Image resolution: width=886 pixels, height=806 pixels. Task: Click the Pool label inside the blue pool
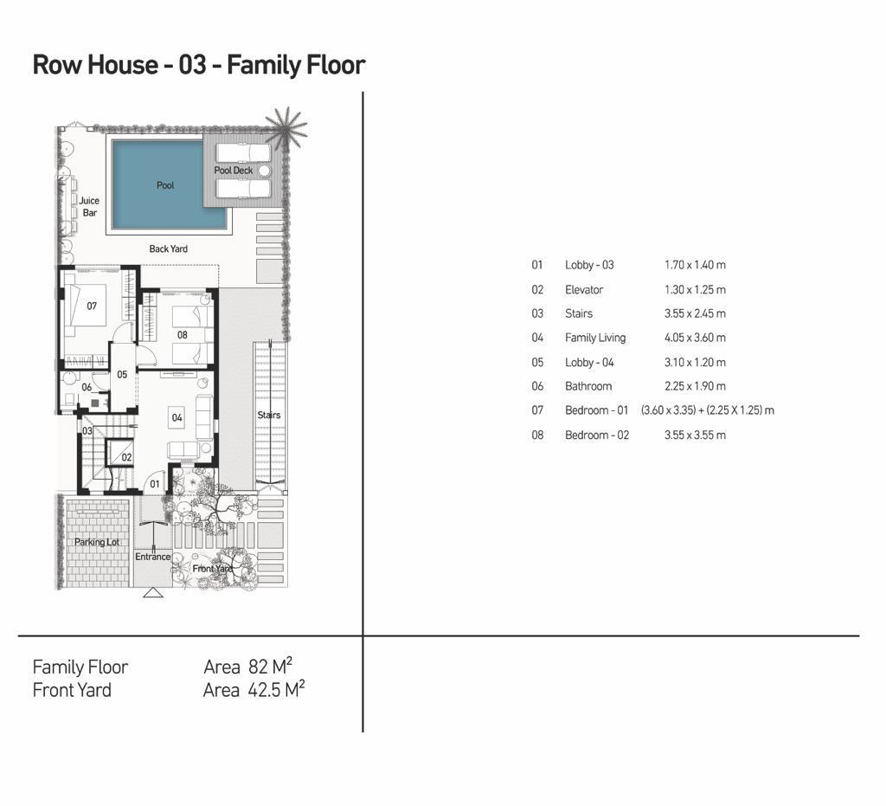tap(165, 185)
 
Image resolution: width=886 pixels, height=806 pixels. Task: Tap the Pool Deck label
tap(234, 171)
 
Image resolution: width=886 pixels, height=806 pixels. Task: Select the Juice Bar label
tap(89, 207)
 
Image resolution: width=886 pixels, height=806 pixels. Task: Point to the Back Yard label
tap(168, 249)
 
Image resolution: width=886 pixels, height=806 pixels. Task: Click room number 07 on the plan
tap(92, 306)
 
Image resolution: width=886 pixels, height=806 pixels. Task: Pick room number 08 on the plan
tap(182, 335)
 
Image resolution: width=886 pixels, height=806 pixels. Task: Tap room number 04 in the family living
tap(177, 417)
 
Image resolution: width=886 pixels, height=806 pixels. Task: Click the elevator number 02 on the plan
tap(126, 457)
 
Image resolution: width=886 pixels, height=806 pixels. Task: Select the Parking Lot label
tap(96, 542)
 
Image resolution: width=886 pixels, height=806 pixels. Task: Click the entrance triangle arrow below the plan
tap(152, 593)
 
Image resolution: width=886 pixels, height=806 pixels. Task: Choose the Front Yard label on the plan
tap(212, 569)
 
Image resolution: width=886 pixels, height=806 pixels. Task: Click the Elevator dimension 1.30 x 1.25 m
tap(695, 290)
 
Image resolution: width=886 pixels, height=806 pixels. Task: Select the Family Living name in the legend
tap(594, 339)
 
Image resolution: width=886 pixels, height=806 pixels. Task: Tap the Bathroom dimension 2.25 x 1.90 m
tap(695, 387)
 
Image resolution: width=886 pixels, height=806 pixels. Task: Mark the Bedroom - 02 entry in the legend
tap(596, 435)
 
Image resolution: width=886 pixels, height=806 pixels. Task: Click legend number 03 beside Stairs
tap(537, 314)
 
